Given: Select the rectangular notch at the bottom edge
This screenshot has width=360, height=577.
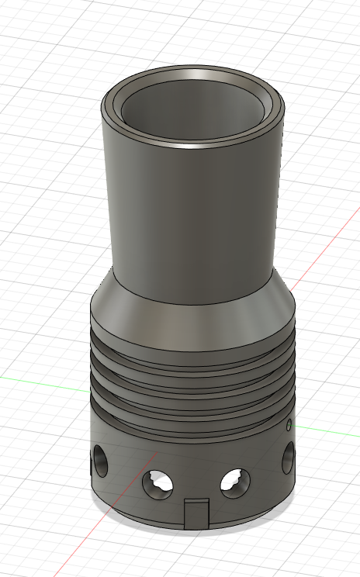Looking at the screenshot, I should coord(197,513).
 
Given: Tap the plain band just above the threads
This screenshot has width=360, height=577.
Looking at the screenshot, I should coord(194,333).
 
